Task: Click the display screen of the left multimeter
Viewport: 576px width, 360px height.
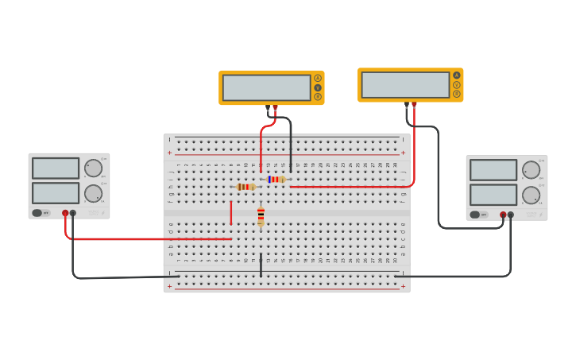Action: [266, 87]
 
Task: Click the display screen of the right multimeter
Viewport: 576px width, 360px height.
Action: [405, 85]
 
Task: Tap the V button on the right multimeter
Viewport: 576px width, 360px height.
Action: [457, 84]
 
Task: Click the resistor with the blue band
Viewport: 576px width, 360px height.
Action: [276, 180]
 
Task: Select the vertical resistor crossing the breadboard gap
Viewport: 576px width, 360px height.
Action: [261, 216]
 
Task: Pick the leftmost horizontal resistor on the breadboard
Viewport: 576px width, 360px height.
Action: [245, 187]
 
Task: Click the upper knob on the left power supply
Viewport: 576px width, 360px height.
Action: [93, 168]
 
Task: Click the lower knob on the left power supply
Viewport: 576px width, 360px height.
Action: [93, 193]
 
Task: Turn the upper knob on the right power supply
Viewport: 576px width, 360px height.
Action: [531, 169]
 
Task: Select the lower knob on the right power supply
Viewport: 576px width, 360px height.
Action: [531, 195]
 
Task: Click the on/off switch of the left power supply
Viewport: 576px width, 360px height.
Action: [37, 213]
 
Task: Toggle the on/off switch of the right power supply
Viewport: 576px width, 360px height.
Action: [475, 215]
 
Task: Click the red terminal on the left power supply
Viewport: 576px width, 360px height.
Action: [65, 213]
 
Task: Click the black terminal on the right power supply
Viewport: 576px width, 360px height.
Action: [511, 215]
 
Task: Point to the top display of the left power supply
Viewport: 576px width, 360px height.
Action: [56, 168]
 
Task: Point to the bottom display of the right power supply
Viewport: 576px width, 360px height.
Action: [493, 195]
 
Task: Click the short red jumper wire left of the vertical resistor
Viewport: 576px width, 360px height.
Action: [231, 213]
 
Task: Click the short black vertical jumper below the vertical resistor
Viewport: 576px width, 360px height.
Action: [261, 265]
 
